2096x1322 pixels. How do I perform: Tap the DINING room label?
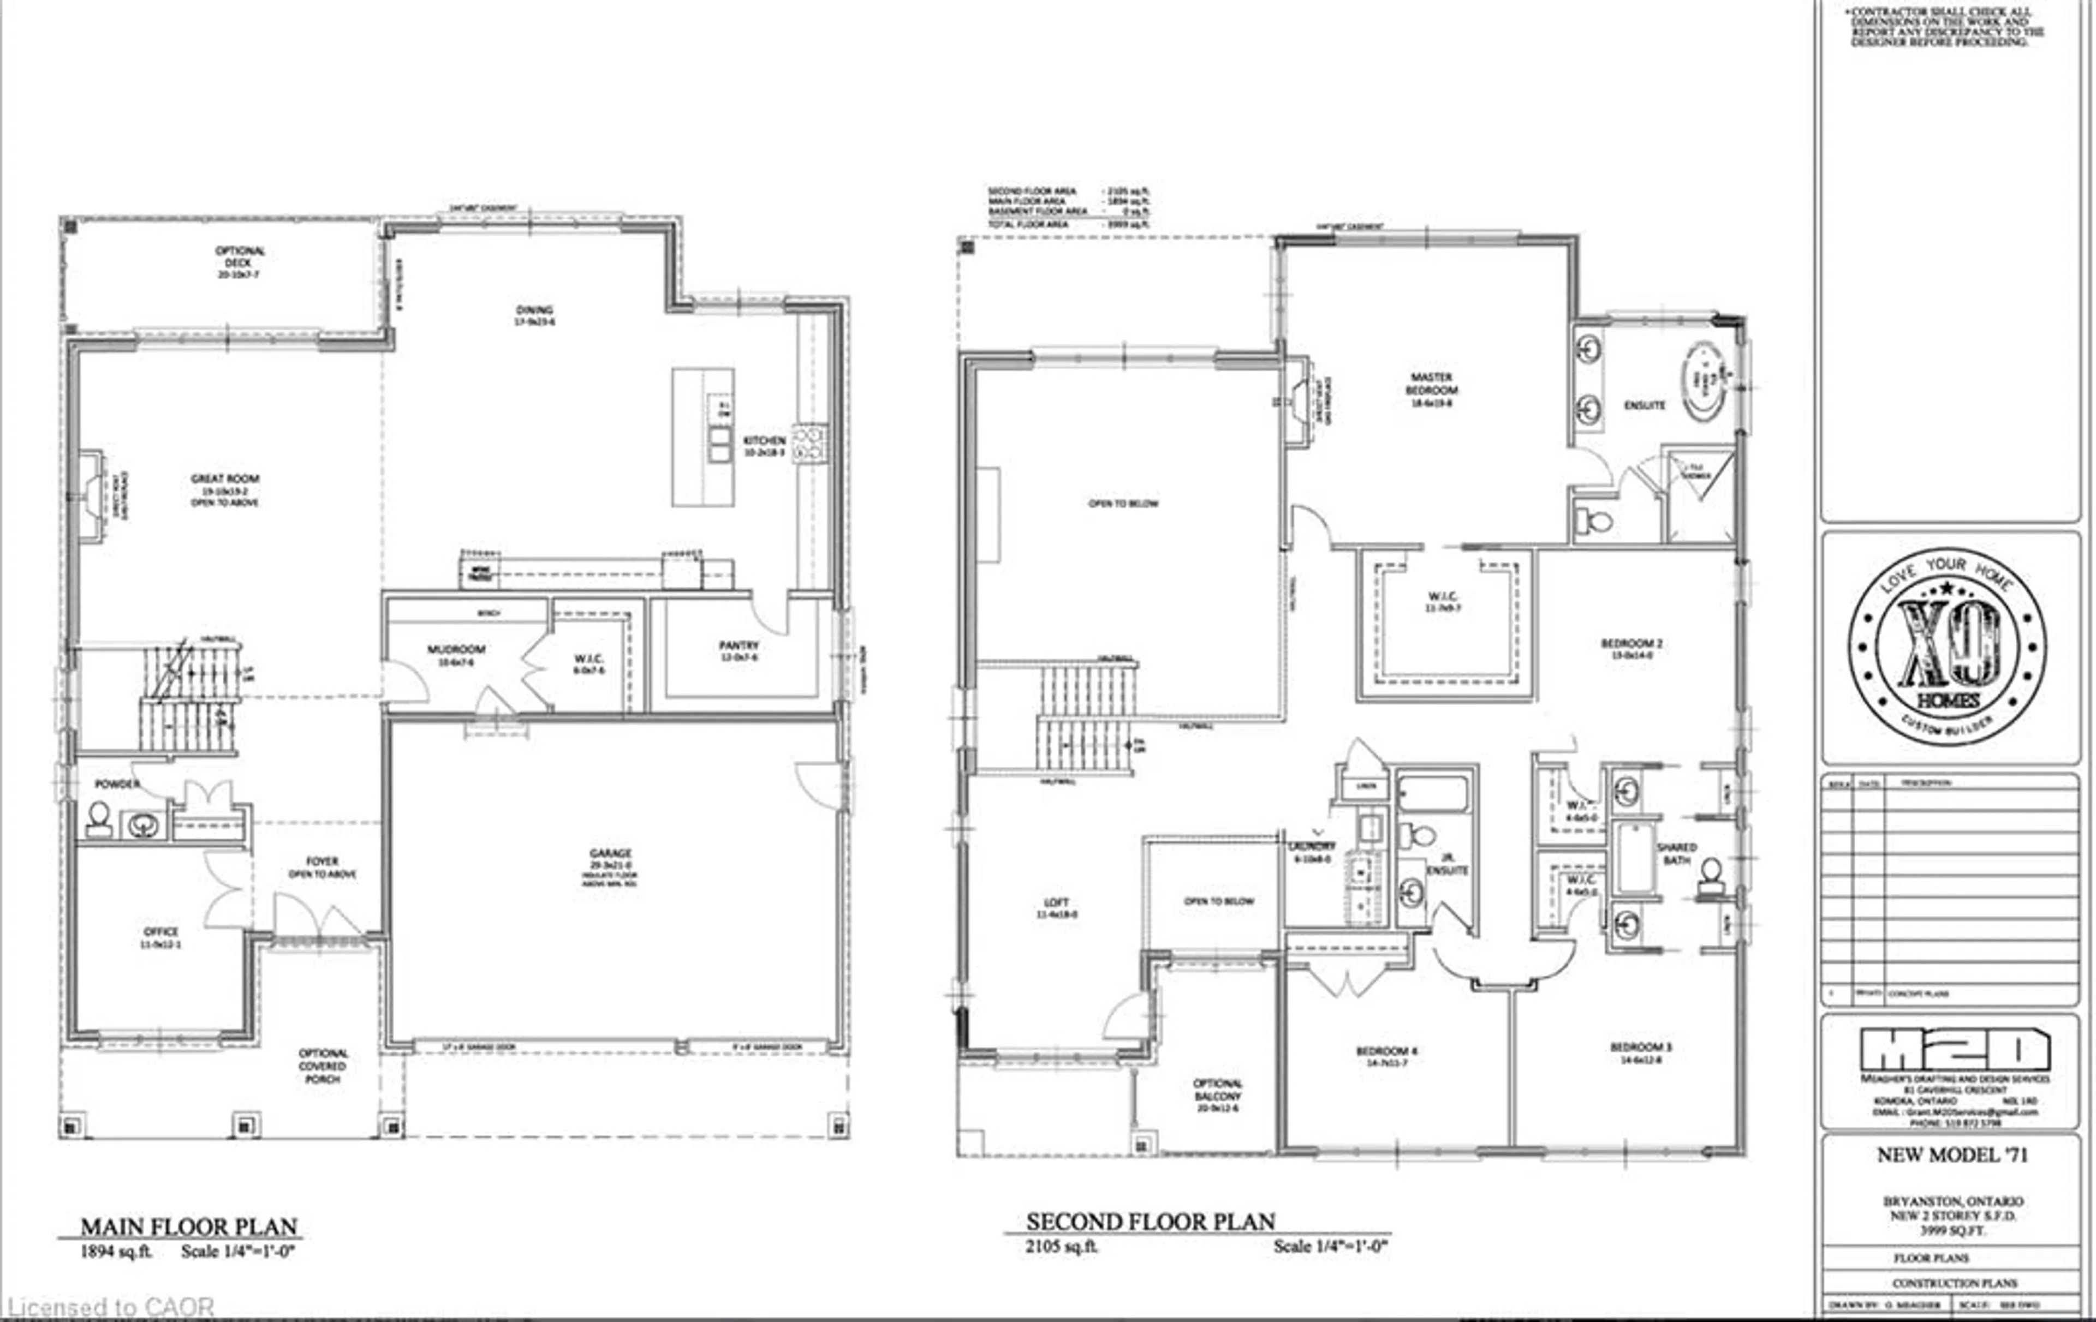tap(534, 310)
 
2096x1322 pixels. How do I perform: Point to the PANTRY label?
tap(739, 646)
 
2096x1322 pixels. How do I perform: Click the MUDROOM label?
tap(456, 649)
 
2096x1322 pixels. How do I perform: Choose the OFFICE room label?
tap(161, 931)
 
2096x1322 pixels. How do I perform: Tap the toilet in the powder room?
tap(98, 819)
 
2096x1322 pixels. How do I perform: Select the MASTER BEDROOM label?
tap(1431, 384)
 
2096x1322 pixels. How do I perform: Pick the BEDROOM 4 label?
tap(1386, 1051)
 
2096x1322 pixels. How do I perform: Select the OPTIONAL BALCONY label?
tap(1218, 1090)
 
